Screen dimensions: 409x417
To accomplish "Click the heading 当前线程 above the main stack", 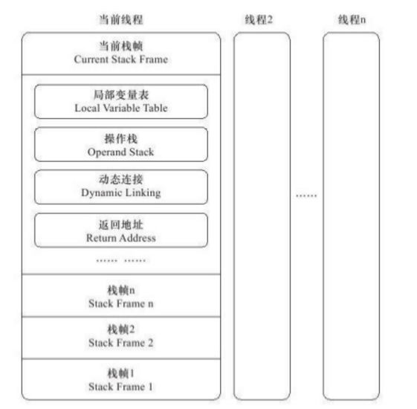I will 121,19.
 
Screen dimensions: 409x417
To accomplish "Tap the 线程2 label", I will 259,19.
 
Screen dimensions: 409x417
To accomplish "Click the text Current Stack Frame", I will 121,59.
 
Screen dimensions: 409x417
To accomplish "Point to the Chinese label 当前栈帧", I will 121,46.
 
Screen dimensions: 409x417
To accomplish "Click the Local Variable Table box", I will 121,102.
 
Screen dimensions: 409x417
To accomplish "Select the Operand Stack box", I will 121,145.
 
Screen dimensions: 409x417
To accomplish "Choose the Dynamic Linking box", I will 121,187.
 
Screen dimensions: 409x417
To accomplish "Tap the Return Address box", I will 121,231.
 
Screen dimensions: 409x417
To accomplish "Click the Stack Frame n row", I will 121,297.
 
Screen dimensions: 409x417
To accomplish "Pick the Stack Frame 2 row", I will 121,336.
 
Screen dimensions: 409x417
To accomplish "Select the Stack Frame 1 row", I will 121,379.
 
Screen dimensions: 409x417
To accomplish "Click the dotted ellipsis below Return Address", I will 121,260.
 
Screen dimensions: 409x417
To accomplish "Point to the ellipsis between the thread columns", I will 306,196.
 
